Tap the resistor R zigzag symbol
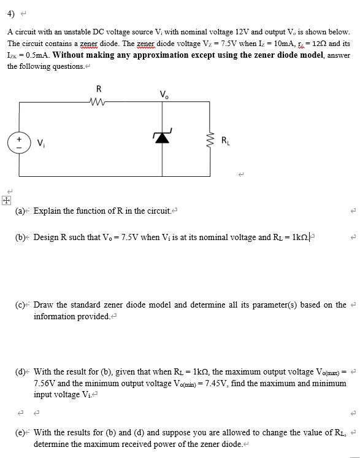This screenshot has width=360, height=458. coord(99,103)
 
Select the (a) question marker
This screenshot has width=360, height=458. coord(21,211)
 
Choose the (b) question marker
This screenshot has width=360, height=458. coord(21,237)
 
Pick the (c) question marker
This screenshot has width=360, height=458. coord(21,305)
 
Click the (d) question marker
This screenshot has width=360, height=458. coord(21,371)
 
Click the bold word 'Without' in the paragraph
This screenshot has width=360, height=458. coord(69,55)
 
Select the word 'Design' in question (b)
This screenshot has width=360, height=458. coord(47,237)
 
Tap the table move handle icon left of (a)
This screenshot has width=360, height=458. coord(6,200)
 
